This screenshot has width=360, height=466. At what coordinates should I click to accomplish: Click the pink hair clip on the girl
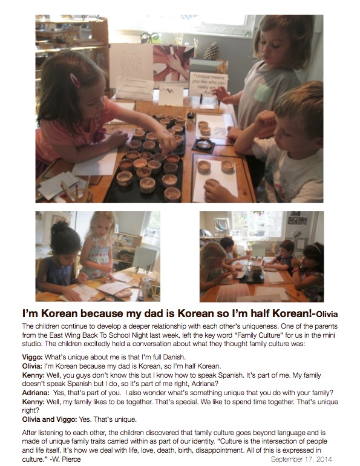point(75,80)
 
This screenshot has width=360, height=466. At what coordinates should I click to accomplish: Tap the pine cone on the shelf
point(212,51)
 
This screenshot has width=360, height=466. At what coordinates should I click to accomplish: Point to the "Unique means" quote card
point(209,84)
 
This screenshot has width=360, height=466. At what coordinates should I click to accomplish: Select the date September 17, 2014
point(301,459)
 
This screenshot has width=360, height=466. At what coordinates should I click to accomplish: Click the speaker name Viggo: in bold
point(33,357)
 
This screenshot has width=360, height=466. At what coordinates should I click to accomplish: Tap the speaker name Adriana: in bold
point(36,393)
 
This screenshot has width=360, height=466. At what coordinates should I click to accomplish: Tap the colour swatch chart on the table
point(232,292)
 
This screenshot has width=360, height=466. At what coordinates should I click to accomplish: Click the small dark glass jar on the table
point(191,119)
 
